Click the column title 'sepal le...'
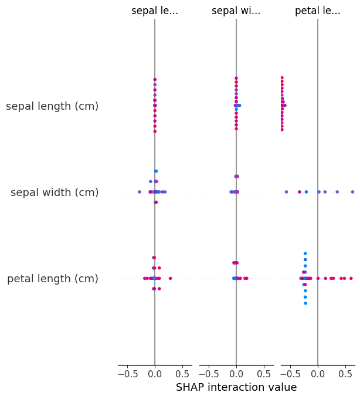coord(155,11)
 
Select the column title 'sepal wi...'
coord(236,11)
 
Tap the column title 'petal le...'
coord(317,11)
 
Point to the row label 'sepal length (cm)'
coord(52,106)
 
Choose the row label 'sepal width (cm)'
coord(55,192)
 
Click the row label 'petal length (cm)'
coord(53,279)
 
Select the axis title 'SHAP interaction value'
coord(236,387)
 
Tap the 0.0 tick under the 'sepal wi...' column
coord(236,373)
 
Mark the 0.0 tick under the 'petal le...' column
coord(317,373)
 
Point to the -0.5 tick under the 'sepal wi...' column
coord(208,373)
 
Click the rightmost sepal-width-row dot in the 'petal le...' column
coord(352,192)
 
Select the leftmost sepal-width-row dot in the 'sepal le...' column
coord(139,192)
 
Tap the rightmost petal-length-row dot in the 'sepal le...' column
coord(170,278)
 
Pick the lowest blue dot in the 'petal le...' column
coord(305,303)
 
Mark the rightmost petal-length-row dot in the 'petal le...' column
coord(351,278)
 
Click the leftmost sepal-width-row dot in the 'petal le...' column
coord(286,192)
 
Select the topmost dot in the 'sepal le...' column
coord(155,79)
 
